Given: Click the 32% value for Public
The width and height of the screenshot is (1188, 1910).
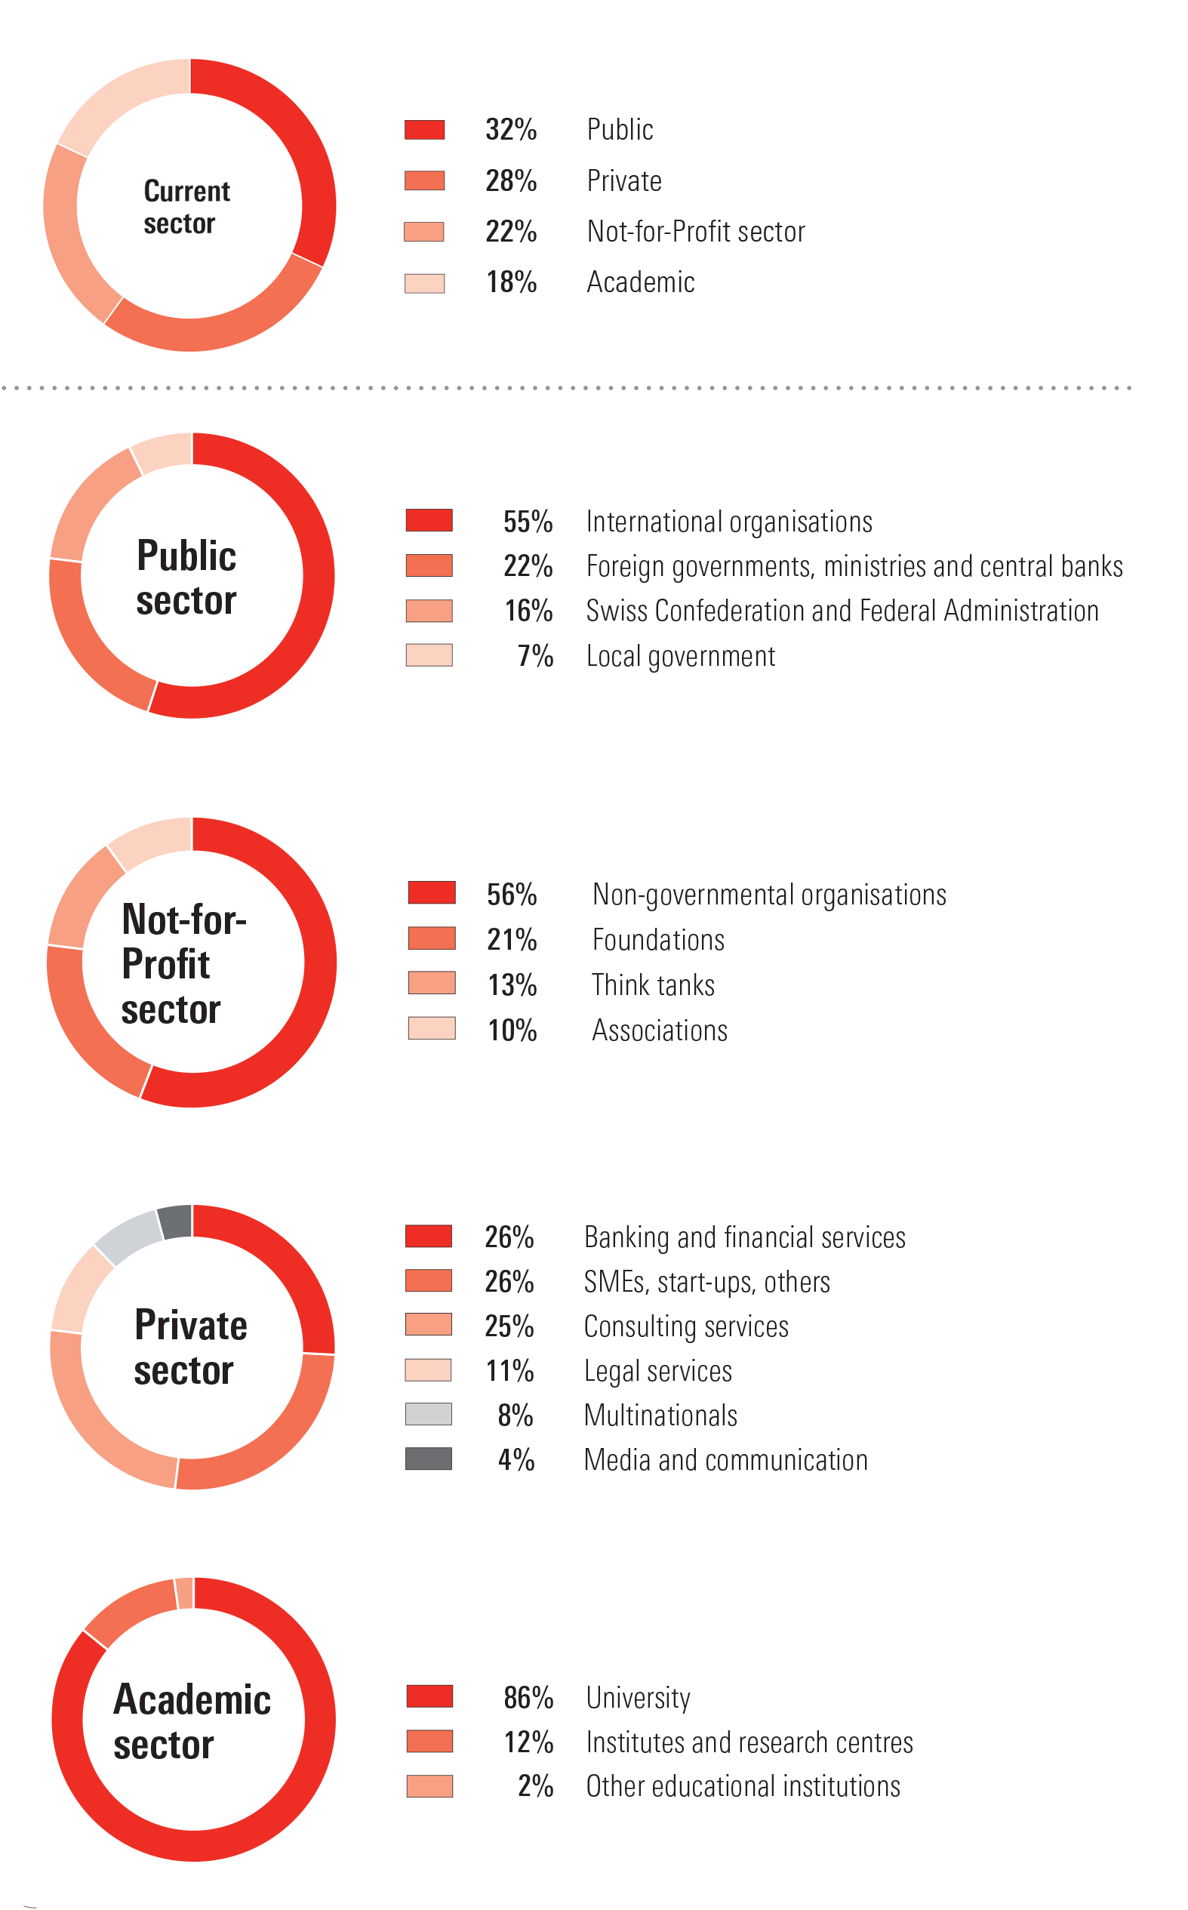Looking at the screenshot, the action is (x=511, y=130).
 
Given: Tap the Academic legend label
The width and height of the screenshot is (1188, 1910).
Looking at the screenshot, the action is (x=640, y=282).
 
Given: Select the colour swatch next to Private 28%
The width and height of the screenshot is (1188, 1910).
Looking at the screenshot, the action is (x=424, y=180).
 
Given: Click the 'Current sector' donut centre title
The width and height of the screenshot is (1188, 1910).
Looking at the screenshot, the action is (x=186, y=207).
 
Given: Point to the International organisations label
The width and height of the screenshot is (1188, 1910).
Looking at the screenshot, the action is (x=729, y=522).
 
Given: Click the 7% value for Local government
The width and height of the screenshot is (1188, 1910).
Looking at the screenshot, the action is (x=535, y=656).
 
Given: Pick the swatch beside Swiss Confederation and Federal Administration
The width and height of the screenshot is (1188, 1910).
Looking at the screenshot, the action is (x=429, y=611).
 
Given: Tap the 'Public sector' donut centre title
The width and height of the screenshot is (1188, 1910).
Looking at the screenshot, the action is (x=186, y=578).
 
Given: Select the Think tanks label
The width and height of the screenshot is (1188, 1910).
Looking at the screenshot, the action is (x=653, y=985).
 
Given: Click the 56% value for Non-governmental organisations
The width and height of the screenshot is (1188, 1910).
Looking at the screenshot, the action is (x=512, y=895).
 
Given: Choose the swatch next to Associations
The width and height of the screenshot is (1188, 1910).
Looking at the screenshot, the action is (x=432, y=1027).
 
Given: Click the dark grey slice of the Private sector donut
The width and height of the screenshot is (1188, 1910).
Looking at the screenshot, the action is (x=175, y=1221).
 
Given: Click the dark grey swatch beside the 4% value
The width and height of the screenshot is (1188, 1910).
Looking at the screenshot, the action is (x=428, y=1459).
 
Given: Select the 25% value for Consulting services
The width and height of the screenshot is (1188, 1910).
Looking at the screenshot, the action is (x=509, y=1327).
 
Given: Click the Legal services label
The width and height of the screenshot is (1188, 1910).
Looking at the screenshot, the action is (x=658, y=1372).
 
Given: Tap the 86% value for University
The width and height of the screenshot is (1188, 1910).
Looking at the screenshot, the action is (x=529, y=1698).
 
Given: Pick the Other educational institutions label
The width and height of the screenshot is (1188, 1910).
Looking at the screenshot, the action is (x=743, y=1787).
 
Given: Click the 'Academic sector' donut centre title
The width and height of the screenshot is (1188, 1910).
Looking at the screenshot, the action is (x=192, y=1721).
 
